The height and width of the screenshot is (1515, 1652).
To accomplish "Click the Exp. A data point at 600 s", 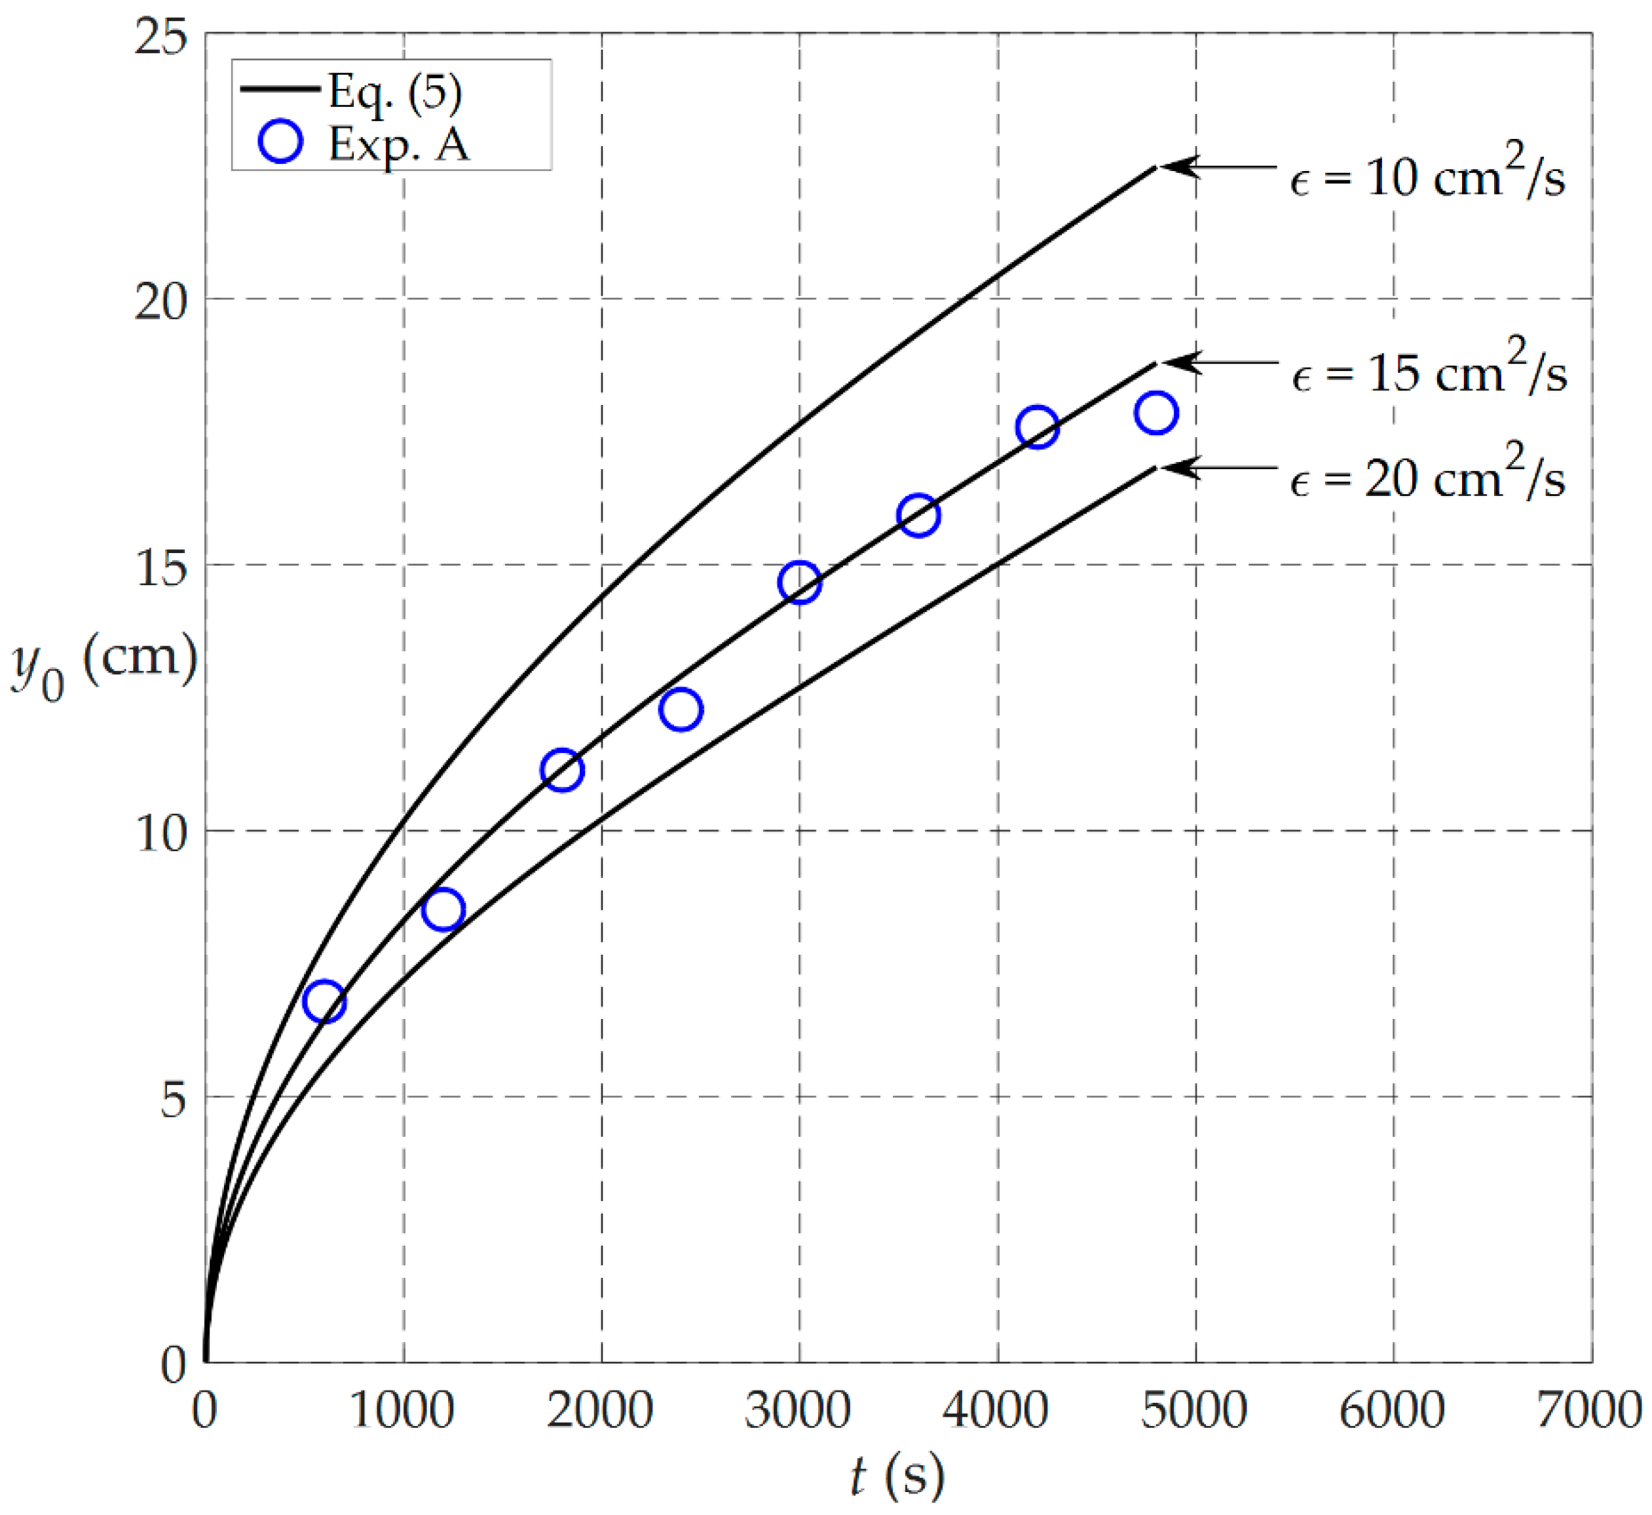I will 324,1001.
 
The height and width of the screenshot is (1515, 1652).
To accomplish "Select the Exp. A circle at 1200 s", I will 443,909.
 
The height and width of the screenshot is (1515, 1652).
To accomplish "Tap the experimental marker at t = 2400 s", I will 680,709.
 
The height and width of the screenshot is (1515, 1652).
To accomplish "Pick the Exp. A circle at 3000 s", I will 800,582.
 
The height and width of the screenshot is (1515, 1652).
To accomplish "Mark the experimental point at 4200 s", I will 1038,427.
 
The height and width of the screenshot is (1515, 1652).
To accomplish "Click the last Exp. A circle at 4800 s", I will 1156,412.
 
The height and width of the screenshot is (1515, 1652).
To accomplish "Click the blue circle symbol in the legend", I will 280,141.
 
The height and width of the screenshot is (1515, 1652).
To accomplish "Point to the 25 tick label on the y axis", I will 160,36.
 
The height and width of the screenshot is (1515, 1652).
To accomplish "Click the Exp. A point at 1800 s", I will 562,770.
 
